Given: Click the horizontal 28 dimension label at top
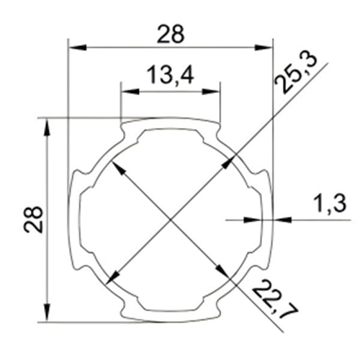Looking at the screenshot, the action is point(171,35).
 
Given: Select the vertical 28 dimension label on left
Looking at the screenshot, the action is point(33,220).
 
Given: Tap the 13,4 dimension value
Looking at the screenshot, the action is point(170,75).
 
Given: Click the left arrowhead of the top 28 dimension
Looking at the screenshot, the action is point(77,48).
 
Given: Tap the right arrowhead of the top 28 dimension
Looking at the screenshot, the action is point(264,48).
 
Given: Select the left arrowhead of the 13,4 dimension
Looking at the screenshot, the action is point(130,91).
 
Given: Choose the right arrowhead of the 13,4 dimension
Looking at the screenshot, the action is point(211,91).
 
